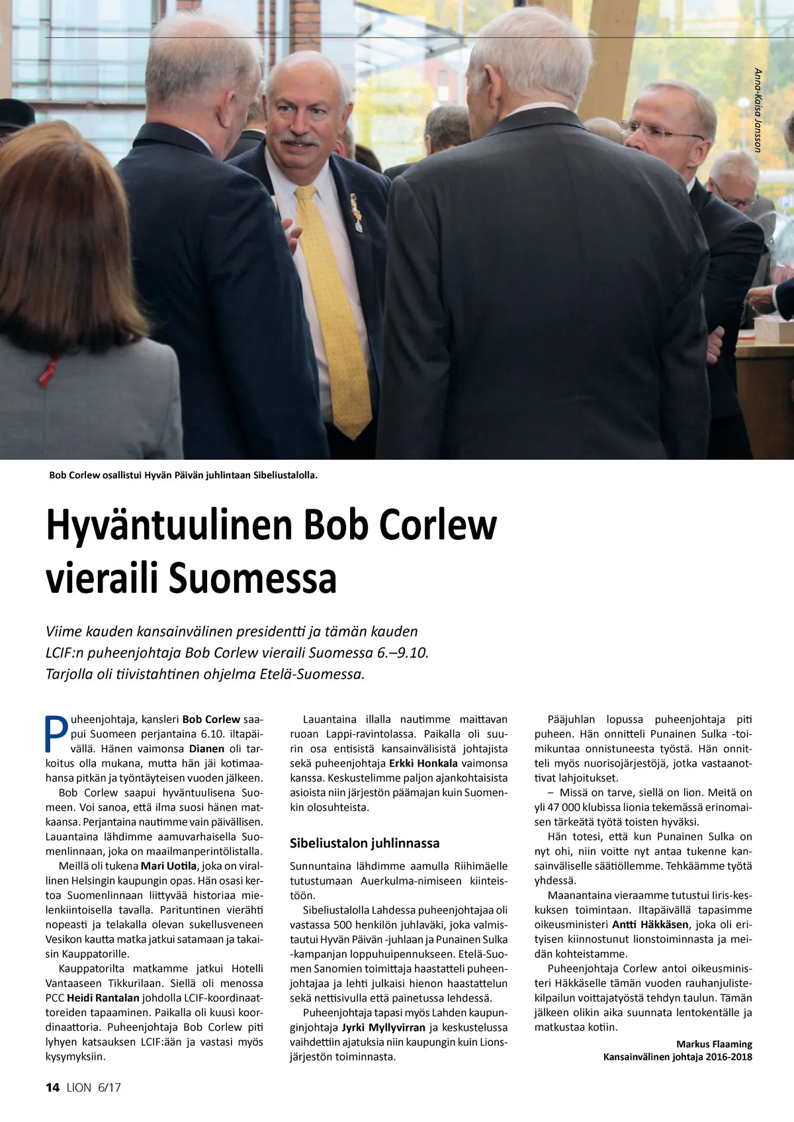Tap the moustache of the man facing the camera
[299, 140]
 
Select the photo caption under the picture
[183, 475]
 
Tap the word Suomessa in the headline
[253, 578]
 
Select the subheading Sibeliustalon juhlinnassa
[365, 843]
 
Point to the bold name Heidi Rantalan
[103, 998]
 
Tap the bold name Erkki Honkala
[423, 763]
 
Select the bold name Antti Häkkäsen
[650, 924]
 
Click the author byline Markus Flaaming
[714, 1044]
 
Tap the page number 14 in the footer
[52, 1088]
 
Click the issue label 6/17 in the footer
[109, 1088]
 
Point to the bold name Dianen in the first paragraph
[206, 748]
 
